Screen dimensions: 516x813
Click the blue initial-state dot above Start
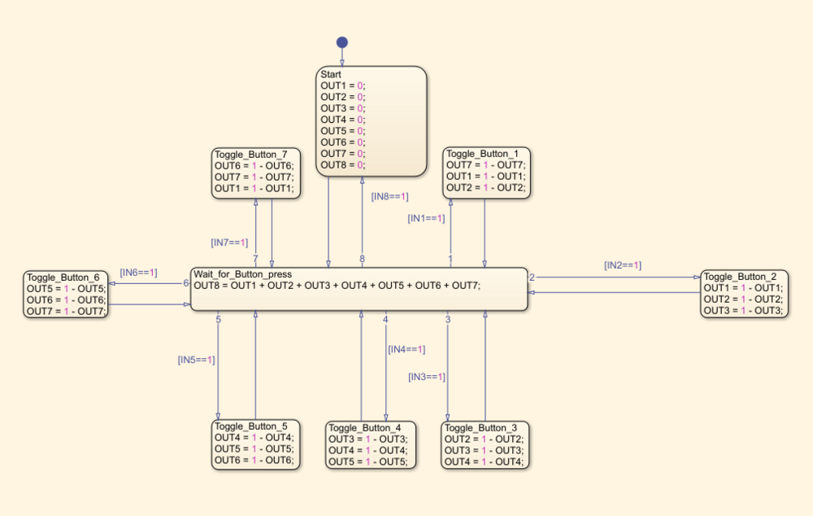tap(342, 42)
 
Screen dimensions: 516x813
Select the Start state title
tap(331, 74)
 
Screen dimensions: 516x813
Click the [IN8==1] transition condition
tap(389, 196)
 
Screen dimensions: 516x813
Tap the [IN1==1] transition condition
tap(426, 218)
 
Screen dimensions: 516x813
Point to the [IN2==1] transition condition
tap(623, 265)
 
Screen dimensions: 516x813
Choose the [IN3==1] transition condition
tap(427, 377)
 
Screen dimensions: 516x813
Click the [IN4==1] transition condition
tap(406, 349)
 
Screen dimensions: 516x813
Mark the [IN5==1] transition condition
tap(196, 359)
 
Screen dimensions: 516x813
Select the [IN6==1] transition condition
tap(138, 272)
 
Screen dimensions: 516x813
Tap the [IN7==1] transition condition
tap(229, 242)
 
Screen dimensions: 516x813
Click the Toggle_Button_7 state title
tap(250, 154)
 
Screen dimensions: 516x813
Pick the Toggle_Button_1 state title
tap(482, 154)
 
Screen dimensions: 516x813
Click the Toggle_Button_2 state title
tap(740, 277)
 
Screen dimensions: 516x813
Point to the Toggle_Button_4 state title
tap(365, 428)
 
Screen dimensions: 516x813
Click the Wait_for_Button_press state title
tap(242, 274)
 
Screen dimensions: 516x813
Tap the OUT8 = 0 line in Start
tap(342, 164)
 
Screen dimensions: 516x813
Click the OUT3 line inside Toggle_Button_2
tap(742, 310)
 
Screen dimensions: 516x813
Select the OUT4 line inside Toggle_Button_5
tap(253, 438)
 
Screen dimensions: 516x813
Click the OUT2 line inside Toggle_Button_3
tap(484, 439)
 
